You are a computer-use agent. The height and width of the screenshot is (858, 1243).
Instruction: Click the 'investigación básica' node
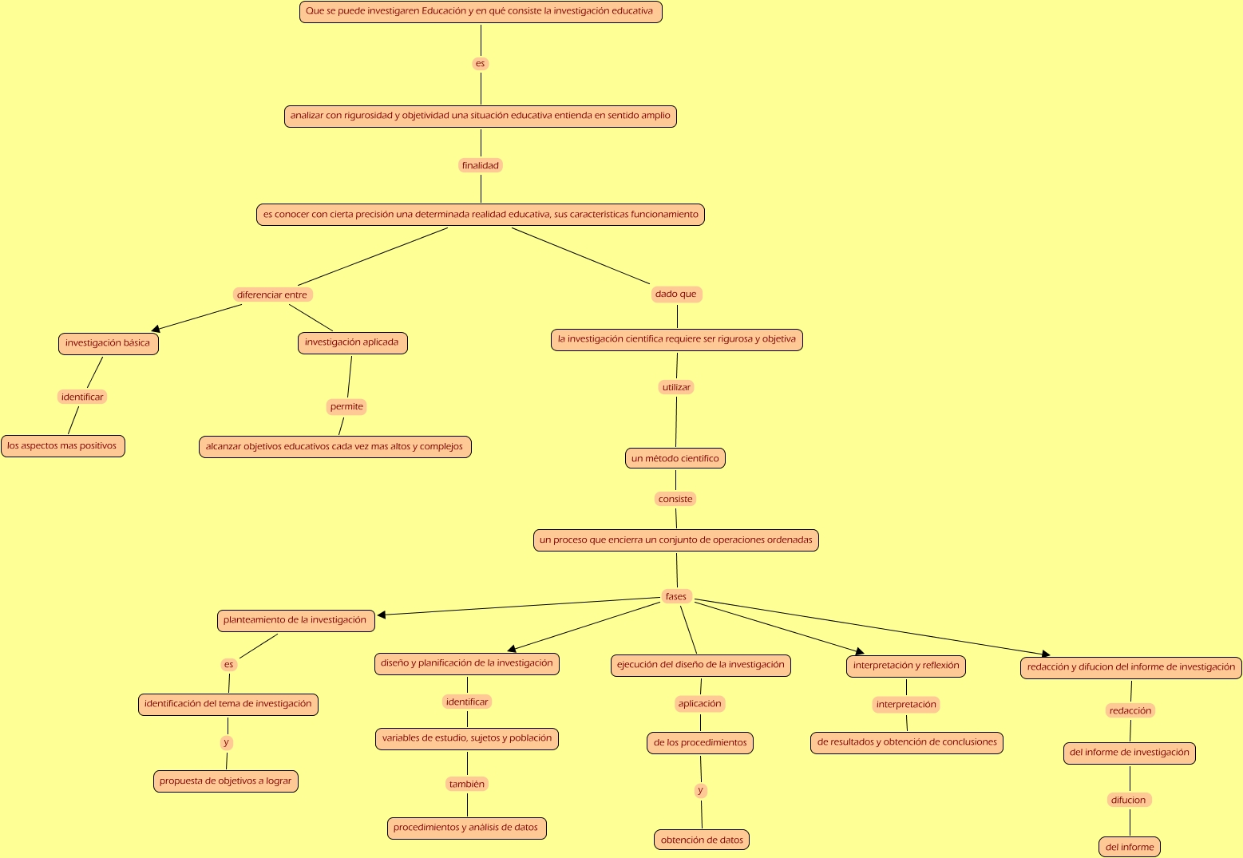(108, 343)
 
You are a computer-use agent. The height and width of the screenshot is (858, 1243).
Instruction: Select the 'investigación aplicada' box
(352, 342)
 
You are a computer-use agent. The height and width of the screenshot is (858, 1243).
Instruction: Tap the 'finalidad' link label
(481, 165)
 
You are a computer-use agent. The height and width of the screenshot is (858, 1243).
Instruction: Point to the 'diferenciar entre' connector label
(272, 295)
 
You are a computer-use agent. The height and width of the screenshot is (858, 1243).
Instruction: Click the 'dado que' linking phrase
(675, 294)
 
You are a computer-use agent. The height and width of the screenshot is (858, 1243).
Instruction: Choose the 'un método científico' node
(675, 458)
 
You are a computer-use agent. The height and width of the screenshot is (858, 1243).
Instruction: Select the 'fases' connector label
(675, 596)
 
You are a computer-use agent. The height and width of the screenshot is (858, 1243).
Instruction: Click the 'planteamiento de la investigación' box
(295, 620)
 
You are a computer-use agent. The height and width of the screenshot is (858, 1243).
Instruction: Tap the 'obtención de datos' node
(702, 840)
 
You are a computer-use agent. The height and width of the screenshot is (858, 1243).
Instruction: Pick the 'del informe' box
(1130, 847)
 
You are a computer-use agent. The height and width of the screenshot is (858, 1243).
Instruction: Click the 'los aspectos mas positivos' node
(62, 446)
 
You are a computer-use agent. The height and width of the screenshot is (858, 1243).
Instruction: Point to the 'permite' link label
(346, 406)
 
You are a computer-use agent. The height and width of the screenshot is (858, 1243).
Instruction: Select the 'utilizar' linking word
(676, 387)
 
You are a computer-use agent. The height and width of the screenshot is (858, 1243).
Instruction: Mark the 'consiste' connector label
(675, 499)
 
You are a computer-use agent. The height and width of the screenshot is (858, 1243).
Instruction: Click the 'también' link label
(467, 784)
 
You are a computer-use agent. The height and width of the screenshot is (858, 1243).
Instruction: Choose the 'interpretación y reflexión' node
(906, 666)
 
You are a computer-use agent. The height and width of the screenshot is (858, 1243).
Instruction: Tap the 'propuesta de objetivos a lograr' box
(226, 781)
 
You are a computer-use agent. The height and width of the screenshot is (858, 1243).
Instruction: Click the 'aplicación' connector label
(699, 703)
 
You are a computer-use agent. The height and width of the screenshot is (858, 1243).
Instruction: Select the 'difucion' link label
(1129, 800)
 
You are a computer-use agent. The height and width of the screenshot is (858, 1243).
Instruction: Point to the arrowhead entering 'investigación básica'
(156, 328)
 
